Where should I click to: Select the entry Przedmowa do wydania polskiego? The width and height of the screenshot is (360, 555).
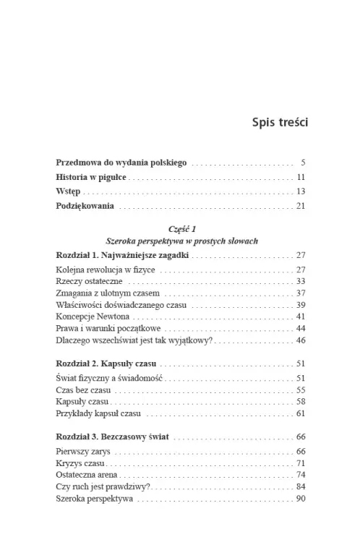click(111, 163)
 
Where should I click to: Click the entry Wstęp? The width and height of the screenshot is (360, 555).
click(68, 192)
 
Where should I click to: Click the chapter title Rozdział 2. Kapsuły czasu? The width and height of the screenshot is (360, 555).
click(106, 363)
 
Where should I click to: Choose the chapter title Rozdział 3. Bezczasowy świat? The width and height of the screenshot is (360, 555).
click(113, 437)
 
